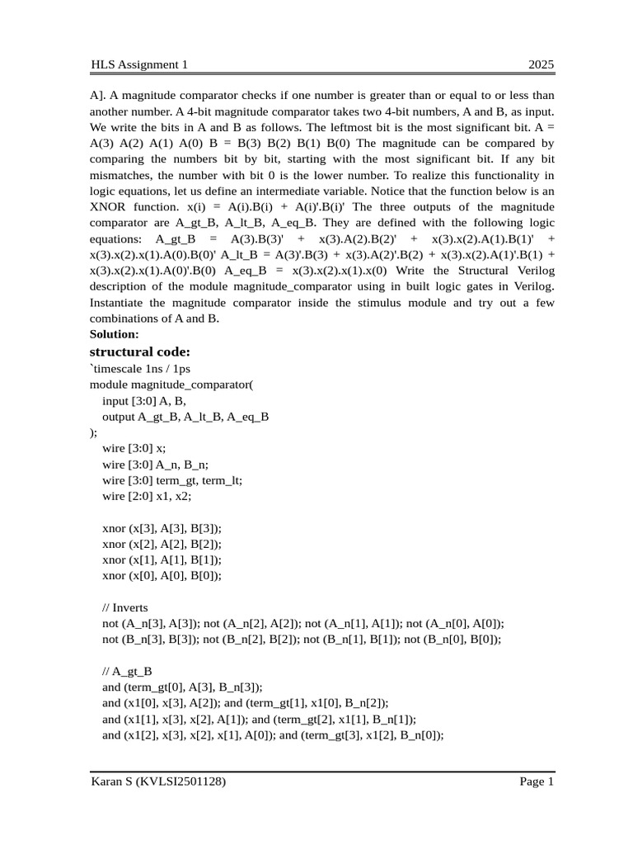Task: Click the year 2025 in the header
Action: (541, 65)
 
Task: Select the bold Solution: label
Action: (115, 334)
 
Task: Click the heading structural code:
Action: (140, 352)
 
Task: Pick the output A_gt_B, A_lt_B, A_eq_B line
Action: (185, 417)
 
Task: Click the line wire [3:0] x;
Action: (134, 448)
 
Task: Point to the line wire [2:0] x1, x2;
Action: (147, 496)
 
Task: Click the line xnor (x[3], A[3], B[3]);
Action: (162, 528)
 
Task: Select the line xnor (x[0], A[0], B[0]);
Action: (162, 576)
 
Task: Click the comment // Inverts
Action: (125, 608)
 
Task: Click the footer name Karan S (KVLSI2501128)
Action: (158, 781)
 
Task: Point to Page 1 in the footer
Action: (537, 781)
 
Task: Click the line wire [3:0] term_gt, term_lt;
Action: (172, 480)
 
